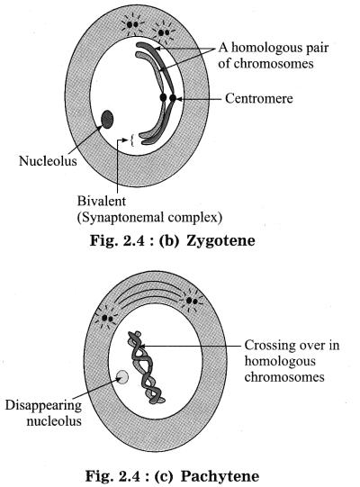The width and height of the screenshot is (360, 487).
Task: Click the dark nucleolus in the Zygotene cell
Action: (x=107, y=119)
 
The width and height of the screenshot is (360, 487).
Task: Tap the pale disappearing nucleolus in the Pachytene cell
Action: (x=122, y=377)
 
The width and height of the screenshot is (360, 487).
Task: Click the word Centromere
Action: (x=258, y=98)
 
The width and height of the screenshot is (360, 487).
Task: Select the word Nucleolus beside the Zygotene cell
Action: (x=48, y=161)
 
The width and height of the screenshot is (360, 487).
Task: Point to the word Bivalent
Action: (x=102, y=201)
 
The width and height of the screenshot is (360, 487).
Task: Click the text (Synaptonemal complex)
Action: (x=149, y=218)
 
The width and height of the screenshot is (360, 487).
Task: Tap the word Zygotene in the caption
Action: (x=220, y=240)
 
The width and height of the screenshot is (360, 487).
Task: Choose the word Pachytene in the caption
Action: (x=220, y=476)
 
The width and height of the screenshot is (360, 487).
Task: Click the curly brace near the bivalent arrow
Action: (x=132, y=140)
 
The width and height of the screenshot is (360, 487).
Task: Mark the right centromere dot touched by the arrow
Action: (x=173, y=98)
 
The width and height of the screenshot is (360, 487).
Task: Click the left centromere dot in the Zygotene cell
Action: (x=163, y=97)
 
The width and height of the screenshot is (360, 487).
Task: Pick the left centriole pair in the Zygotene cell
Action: (x=132, y=24)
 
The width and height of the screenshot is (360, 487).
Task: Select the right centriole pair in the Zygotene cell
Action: (x=164, y=32)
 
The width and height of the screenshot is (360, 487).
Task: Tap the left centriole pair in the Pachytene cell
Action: (x=106, y=318)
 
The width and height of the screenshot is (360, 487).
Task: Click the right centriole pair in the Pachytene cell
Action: (x=192, y=301)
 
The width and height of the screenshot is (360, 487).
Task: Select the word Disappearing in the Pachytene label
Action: (x=43, y=406)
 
